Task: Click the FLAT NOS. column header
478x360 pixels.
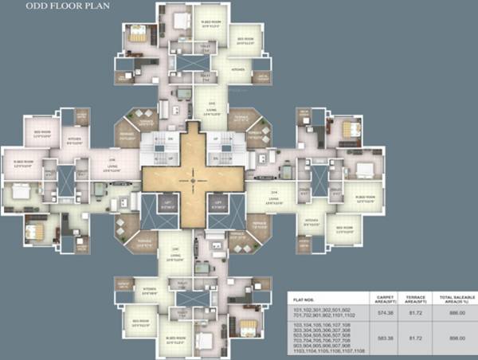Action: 302,298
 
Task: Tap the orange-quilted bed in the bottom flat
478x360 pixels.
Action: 247,327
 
